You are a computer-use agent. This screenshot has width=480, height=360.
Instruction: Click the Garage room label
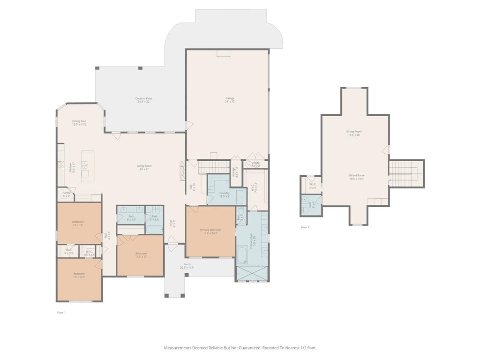(230, 99)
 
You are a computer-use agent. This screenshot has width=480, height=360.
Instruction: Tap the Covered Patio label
(143, 99)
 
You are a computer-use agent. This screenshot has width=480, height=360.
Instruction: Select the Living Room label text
(144, 167)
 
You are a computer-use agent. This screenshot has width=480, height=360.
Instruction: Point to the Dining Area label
(79, 122)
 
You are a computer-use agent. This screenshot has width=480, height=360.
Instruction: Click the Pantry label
(66, 194)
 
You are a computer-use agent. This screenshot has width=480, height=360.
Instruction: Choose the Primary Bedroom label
(210, 231)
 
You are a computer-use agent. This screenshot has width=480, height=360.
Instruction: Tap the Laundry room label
(224, 194)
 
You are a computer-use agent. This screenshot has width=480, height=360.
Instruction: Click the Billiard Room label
(356, 177)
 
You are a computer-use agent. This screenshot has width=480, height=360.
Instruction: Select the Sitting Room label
(354, 133)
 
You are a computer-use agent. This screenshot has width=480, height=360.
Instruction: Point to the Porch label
(187, 265)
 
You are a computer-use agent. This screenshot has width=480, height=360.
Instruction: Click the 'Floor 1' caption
(61, 312)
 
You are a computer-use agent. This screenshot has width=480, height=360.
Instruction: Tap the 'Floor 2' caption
(305, 227)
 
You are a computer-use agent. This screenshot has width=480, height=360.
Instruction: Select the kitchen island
(87, 166)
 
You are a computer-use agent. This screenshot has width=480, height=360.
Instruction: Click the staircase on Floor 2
(406, 173)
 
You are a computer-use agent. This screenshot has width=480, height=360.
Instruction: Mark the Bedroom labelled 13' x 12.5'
(79, 275)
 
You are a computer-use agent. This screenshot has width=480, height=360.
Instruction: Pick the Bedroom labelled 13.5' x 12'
(141, 255)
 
